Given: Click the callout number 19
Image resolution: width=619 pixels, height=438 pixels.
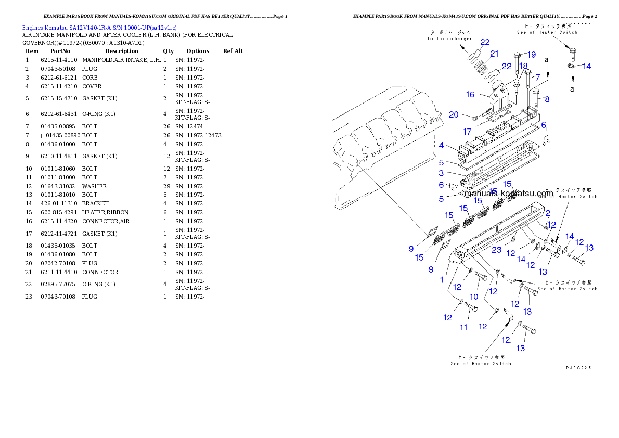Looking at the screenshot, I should coord(531,55).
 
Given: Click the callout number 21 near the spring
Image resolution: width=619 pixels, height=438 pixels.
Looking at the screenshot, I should coord(494,54).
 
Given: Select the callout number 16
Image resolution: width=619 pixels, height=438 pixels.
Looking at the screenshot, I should coord(470,94).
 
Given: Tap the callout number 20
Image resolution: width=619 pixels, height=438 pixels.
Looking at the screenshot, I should coord(453,115).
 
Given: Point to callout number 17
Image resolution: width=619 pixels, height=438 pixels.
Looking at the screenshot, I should coord(468,132).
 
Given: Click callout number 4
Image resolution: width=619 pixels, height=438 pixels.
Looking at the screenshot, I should coord(441,146).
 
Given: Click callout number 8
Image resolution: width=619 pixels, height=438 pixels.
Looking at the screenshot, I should coord(547,99).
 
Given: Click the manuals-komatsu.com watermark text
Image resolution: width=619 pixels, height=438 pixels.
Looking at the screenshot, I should coord(508,193).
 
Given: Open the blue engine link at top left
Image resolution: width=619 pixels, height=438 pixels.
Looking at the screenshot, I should coord(99,28).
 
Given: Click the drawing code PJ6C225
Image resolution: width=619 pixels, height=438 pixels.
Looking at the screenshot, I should coord(578,367).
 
